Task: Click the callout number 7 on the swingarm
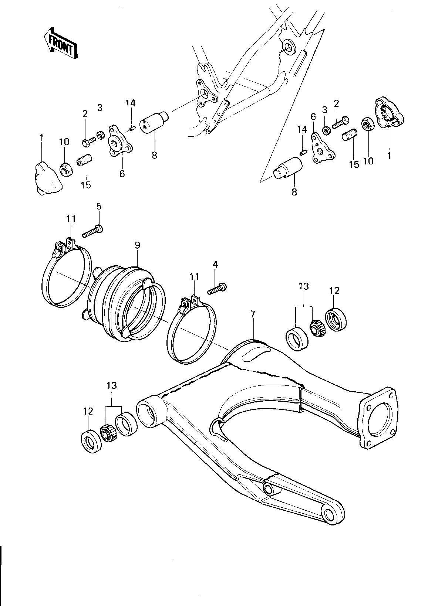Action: pos(253,314)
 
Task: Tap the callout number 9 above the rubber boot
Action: pos(137,245)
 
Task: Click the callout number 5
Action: pos(99,206)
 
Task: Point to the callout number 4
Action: pos(216,264)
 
